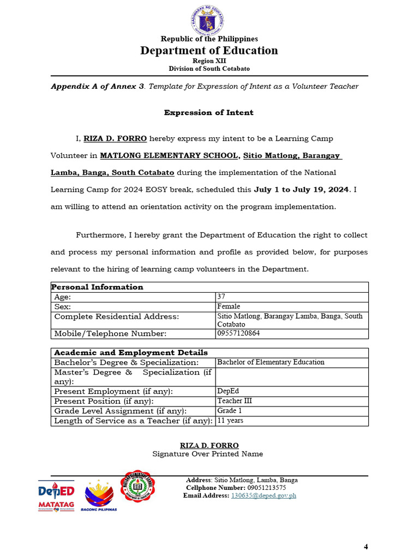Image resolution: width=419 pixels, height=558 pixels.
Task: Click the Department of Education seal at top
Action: tap(209, 20)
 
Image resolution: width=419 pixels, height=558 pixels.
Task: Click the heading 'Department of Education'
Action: tap(209, 51)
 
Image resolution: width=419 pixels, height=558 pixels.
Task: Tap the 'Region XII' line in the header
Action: tap(209, 61)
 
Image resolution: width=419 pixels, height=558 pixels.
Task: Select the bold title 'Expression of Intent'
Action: tap(209, 112)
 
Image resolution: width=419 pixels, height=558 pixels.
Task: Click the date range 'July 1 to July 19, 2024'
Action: tap(301, 190)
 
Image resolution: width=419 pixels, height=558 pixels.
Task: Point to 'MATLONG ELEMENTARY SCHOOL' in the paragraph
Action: tap(169, 156)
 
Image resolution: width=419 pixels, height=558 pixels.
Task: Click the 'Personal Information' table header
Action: tap(98, 287)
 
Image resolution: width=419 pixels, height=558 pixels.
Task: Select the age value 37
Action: tap(222, 297)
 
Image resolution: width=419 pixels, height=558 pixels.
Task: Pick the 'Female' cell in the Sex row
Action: tap(229, 306)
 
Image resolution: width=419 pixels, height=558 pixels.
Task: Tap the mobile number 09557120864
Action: tap(238, 333)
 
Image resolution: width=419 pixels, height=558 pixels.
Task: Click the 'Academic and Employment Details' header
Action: tap(130, 353)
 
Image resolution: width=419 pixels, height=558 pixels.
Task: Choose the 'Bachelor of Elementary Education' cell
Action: tap(271, 362)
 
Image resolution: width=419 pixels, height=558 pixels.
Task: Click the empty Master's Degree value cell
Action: tap(291, 377)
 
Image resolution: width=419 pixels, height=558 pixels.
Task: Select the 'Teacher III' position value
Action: tap(235, 401)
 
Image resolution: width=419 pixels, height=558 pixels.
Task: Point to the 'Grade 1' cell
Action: tap(230, 411)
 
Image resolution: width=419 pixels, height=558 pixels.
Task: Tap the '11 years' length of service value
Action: tap(230, 421)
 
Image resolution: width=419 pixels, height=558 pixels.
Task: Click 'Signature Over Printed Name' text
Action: tap(207, 454)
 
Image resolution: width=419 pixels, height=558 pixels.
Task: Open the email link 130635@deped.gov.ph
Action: tap(264, 495)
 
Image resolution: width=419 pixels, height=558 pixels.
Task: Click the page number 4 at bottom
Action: tap(366, 547)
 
